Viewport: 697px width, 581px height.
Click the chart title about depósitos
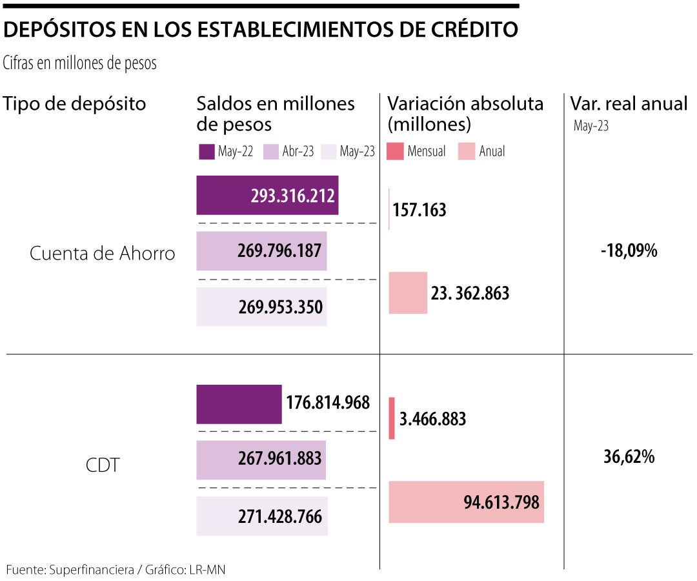point(261,30)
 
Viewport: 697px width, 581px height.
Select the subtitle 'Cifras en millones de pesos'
point(80,64)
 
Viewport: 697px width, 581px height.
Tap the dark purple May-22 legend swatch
point(207,152)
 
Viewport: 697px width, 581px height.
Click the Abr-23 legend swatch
point(270,152)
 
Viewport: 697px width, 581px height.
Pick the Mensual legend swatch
point(395,152)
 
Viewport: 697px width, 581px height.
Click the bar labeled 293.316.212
point(267,195)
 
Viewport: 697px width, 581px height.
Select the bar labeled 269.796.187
point(261,250)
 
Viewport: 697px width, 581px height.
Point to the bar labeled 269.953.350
point(261,307)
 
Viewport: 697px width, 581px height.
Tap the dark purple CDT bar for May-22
point(239,404)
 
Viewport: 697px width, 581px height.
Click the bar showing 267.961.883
point(261,460)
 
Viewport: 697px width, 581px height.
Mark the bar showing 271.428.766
point(262,516)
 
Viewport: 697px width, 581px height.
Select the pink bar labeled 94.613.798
point(467,502)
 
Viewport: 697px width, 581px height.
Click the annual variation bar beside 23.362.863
point(408,293)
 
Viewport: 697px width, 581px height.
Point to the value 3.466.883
point(432,419)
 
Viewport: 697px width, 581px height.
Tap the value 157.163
point(419,210)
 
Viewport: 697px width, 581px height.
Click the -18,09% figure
point(629,251)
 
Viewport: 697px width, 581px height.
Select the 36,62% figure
point(629,457)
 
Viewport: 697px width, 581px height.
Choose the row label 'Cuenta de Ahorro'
point(103,254)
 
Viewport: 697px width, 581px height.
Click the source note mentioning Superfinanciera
point(116,569)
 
